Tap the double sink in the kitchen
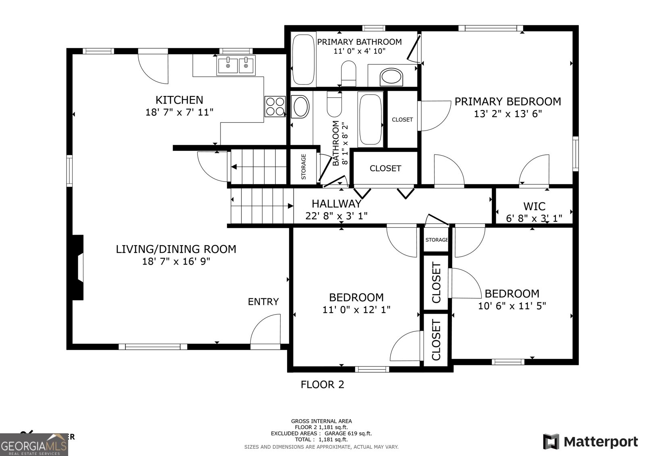[236, 65]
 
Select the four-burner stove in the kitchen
[275, 106]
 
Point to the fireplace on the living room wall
[77, 267]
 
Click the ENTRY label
[263, 302]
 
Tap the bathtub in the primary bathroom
[303, 58]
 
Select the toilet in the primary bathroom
[348, 73]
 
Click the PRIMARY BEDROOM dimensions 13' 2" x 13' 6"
[508, 114]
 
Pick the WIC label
[534, 206]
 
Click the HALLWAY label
[336, 204]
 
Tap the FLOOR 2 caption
[322, 385]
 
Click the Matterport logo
[590, 441]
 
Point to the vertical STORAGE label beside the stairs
[304, 167]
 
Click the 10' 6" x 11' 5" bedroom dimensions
[512, 306]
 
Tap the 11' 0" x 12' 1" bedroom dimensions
[356, 310]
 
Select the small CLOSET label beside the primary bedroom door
[402, 119]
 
